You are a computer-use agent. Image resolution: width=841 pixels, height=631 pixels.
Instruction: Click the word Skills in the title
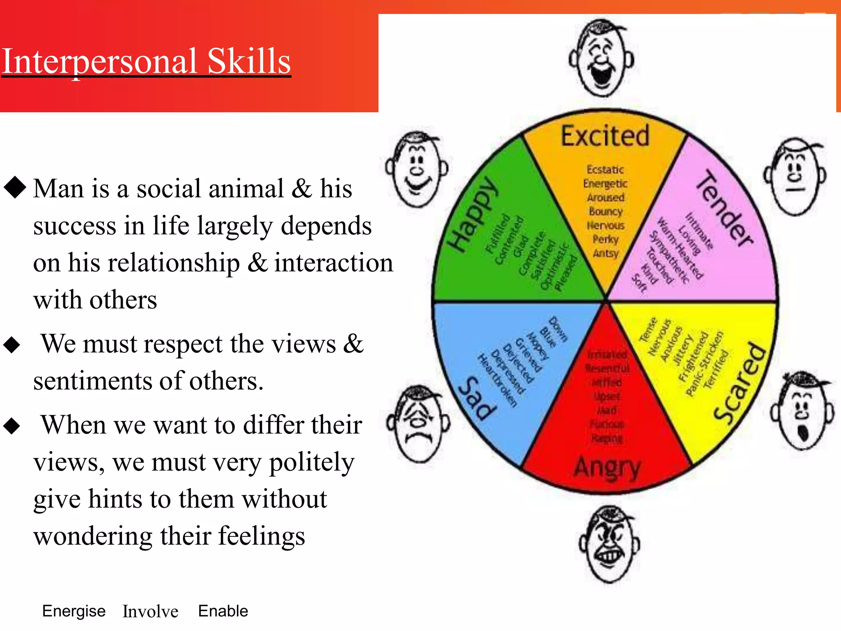(249, 62)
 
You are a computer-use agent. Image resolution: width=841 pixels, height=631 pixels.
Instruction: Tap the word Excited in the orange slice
(605, 136)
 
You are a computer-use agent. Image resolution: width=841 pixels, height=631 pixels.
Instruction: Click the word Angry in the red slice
(607, 467)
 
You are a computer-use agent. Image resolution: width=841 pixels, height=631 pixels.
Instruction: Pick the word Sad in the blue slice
(477, 398)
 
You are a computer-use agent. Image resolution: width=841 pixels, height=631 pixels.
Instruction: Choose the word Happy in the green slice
(473, 214)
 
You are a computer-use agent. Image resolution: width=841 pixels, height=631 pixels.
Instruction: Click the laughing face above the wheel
(601, 58)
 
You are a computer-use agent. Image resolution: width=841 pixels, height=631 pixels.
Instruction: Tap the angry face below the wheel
(609, 543)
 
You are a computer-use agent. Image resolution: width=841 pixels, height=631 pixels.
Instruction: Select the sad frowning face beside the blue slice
(418, 423)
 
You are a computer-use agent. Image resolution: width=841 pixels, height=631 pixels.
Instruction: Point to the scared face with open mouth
(802, 411)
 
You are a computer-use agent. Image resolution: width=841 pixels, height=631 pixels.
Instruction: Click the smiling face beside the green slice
(417, 169)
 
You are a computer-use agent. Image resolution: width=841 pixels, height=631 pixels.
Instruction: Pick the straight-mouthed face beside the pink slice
(795, 176)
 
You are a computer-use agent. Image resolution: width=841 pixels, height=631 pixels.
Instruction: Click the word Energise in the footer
(74, 611)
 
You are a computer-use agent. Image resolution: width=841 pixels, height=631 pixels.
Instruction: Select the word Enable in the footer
(223, 611)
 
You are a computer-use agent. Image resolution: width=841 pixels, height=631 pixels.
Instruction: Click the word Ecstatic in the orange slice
(605, 170)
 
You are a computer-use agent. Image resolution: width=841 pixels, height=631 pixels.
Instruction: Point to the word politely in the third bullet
(312, 462)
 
